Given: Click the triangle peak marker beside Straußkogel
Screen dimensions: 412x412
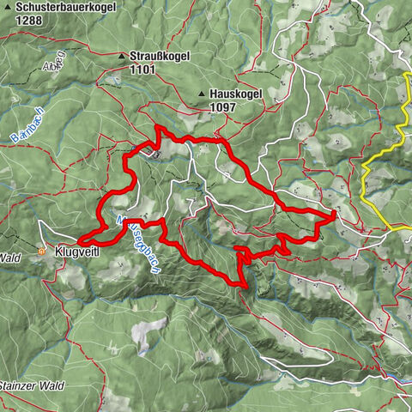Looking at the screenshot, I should coord(122,57).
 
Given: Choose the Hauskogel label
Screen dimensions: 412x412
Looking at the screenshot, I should coord(237,96).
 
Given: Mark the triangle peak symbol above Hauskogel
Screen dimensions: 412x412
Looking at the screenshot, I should coord(202,94).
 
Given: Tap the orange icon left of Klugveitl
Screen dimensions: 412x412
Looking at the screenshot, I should coord(42,251).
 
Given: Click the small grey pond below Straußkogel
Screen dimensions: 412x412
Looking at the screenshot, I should coord(154,154).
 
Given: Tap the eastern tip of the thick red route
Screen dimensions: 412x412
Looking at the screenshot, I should coord(333,212).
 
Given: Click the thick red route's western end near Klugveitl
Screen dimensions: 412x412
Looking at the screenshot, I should coord(80,240).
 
